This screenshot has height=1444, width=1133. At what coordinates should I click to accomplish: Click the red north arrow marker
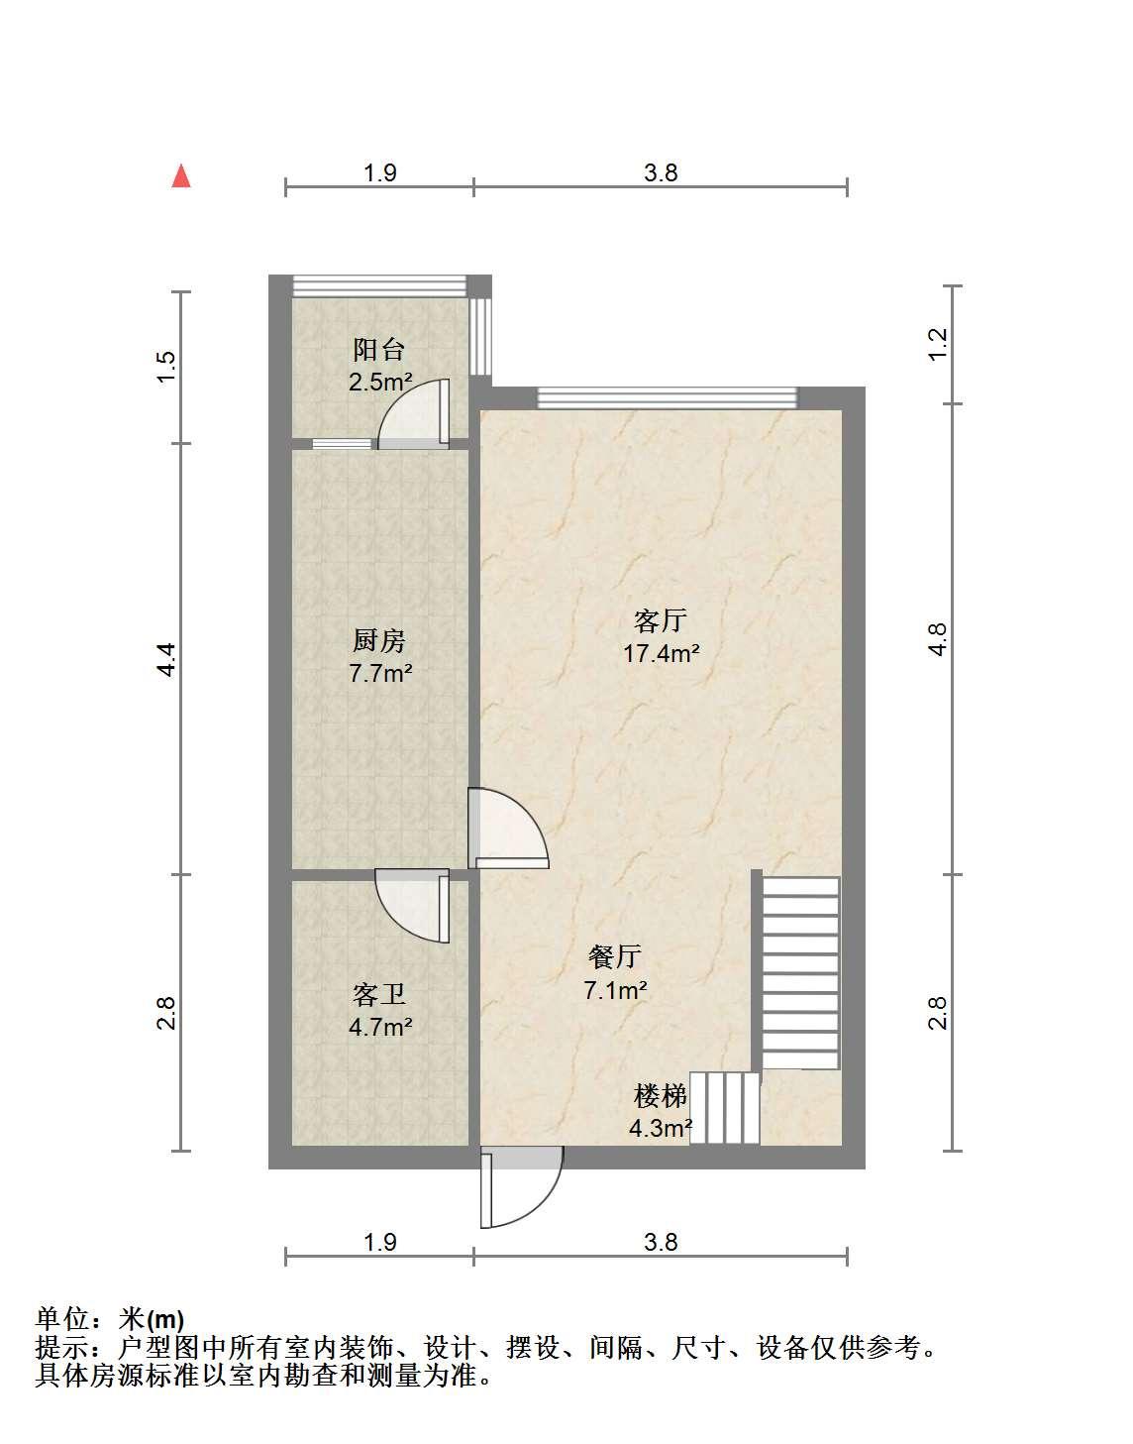[x=181, y=176]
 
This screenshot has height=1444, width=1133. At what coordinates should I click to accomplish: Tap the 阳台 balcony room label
[x=379, y=350]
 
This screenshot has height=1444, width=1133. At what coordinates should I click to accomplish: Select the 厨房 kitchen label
[x=379, y=641]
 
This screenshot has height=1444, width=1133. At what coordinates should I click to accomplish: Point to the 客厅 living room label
[x=661, y=620]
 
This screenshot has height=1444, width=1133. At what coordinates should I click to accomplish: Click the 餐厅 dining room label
[x=615, y=956]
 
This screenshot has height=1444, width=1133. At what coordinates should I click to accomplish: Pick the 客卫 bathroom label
[x=379, y=994]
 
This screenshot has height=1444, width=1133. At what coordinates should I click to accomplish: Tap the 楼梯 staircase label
[x=661, y=1096]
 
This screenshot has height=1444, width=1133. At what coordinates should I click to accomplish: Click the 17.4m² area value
[x=662, y=653]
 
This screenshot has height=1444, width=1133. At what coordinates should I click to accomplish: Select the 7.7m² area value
[x=380, y=674]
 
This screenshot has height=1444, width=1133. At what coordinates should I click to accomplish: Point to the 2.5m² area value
[x=380, y=382]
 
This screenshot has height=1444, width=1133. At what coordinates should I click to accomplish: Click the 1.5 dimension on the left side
[x=166, y=366]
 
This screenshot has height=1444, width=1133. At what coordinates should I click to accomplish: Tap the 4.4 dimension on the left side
[x=166, y=659]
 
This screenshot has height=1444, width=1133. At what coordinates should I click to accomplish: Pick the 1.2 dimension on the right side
[x=939, y=345]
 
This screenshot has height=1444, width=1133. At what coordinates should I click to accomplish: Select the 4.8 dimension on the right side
[x=939, y=639]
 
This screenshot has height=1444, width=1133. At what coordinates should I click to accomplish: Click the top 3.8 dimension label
[x=662, y=172]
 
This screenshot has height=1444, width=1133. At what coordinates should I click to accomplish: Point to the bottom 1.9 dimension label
[x=380, y=1242]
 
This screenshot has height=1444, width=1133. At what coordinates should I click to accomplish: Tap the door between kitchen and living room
[x=508, y=828]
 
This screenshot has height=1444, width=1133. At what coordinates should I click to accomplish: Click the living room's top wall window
[x=668, y=397]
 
